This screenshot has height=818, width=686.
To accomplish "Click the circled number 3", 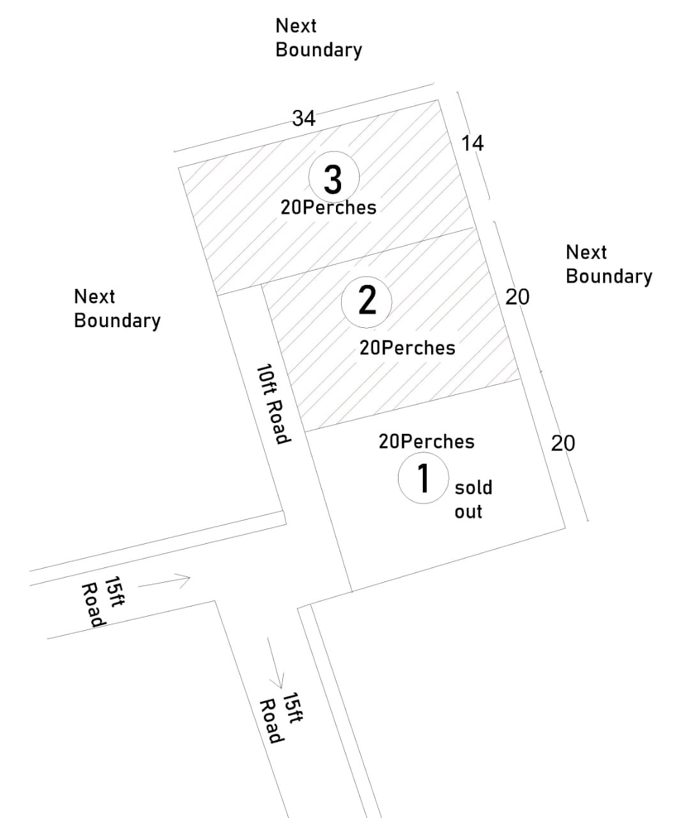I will tap(333, 178).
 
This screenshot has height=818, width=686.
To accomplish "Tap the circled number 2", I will tap(367, 300).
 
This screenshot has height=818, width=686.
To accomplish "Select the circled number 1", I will tap(423, 478).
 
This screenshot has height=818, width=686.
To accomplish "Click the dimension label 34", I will tap(304, 118).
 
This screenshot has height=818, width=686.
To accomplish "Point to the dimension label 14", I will tap(473, 143).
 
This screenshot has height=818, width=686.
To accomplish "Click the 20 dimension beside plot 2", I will tap(517, 297).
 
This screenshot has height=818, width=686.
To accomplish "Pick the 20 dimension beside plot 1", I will tap(563, 443).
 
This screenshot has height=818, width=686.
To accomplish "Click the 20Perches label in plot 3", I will tap(328, 207).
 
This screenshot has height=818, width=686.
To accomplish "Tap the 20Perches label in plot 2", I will tap(408, 348).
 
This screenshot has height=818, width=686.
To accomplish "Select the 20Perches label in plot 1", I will tap(427, 442).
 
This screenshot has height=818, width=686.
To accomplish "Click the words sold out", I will tap(473, 499).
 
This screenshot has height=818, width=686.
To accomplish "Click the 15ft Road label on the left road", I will tap(103, 602).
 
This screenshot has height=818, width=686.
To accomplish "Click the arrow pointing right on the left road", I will tap(165, 582).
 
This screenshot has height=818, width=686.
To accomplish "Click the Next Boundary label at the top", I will tap(318, 38).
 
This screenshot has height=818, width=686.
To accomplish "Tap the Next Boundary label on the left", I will tap(117, 308).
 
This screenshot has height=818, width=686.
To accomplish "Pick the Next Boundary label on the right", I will tap(609, 264).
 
